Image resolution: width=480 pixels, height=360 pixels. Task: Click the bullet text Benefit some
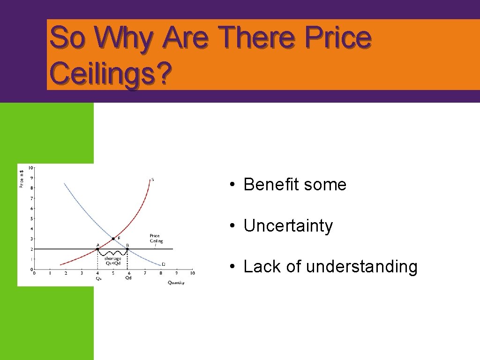point(295,185)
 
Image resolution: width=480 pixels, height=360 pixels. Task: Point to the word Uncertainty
point(288,226)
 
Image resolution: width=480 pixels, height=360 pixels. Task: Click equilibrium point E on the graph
point(113,239)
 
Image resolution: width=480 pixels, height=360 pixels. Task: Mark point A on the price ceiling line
point(97,249)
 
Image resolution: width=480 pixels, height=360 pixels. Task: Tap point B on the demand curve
point(127,249)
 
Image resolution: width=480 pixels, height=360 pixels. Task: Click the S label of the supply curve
point(152,179)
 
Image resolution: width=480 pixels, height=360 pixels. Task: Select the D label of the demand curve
point(163,264)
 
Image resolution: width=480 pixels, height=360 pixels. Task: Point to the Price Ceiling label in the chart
point(156,239)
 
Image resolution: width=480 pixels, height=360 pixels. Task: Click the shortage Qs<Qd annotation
point(112,261)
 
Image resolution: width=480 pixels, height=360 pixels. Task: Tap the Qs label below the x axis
point(98,278)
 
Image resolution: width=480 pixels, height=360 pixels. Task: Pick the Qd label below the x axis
point(128,278)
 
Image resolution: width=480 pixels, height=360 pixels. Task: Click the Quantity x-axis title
point(176,282)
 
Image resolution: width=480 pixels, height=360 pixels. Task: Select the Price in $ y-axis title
point(21,178)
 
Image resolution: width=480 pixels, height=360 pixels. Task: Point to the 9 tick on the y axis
point(31,178)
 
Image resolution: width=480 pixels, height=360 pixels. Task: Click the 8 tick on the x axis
point(160,273)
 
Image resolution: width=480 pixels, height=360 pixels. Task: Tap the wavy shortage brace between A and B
point(112,254)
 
